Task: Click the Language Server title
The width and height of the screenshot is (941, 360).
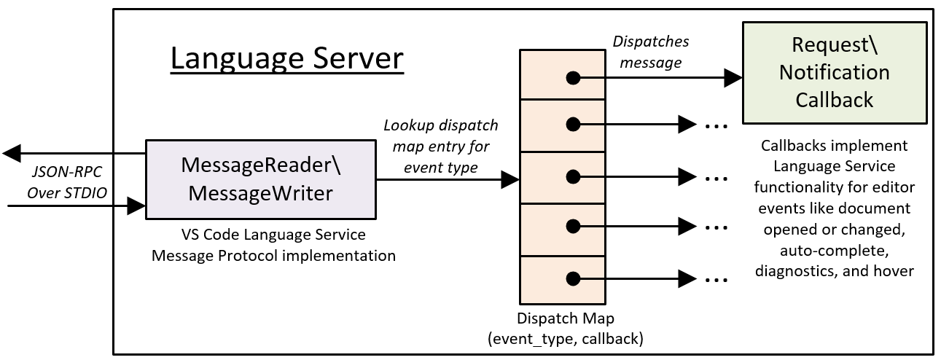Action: tap(286, 58)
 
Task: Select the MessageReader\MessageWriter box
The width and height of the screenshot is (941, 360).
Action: tap(260, 179)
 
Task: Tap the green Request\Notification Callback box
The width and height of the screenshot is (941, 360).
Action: tap(834, 72)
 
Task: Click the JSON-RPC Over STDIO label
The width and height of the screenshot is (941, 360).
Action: tap(66, 183)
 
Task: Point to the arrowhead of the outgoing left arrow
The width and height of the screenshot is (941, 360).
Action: tap(12, 154)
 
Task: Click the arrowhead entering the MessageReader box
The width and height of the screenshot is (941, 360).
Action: tap(137, 206)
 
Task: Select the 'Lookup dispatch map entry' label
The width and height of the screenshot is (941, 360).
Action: tap(440, 146)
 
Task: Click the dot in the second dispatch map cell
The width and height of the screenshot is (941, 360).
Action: tap(574, 125)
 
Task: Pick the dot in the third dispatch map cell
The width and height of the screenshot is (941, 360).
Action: tap(574, 176)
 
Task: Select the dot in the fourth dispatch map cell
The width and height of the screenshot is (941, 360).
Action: tap(574, 227)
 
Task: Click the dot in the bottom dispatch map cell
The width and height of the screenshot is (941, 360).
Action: tap(574, 278)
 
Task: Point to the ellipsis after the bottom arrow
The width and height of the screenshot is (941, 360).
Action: tap(717, 279)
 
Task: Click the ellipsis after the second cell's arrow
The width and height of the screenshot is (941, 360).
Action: tap(717, 125)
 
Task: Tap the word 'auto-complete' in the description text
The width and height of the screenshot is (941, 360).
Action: tap(834, 250)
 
